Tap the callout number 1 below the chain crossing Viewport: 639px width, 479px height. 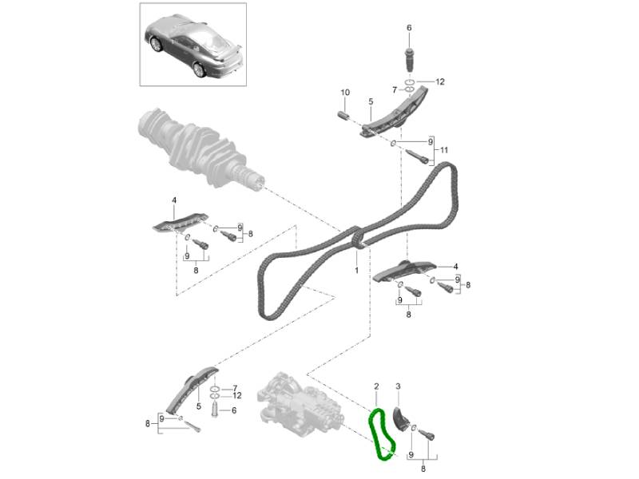356,270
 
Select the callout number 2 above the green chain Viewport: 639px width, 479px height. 376,386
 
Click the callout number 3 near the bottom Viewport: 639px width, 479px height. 398,386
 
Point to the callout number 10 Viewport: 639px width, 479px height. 345,93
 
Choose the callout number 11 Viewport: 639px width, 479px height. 444,150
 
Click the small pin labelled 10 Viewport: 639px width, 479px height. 344,115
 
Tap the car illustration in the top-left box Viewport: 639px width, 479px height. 193,46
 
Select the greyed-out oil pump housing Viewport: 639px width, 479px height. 301,405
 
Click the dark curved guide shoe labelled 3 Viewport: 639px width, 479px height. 399,419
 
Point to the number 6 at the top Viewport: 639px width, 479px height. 409,28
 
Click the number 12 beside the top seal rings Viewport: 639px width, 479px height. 440,82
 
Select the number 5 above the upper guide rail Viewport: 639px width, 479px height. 371,101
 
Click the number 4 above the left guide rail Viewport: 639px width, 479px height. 174,200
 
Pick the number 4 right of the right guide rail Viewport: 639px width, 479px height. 455,267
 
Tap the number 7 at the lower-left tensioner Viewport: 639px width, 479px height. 235,388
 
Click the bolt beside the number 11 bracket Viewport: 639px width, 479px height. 417,156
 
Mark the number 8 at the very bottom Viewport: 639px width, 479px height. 423,469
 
